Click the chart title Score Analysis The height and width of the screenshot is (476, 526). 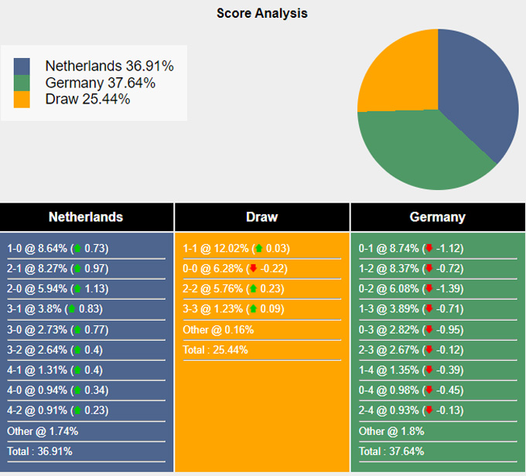click(262, 13)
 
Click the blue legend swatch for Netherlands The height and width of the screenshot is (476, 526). click(22, 66)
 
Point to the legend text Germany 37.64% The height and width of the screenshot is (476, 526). click(100, 83)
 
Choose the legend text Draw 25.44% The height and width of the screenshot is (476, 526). click(87, 99)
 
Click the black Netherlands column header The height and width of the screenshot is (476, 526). click(86, 217)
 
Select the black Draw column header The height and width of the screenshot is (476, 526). click(261, 217)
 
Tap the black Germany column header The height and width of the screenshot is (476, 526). click(437, 217)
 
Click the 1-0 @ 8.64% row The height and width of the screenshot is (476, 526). click(58, 249)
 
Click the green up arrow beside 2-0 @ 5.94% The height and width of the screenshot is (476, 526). click(77, 289)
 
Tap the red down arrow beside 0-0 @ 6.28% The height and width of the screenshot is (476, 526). click(251, 269)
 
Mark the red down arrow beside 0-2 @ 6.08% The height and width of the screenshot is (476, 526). click(428, 289)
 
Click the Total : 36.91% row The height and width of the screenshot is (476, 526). click(43, 451)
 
